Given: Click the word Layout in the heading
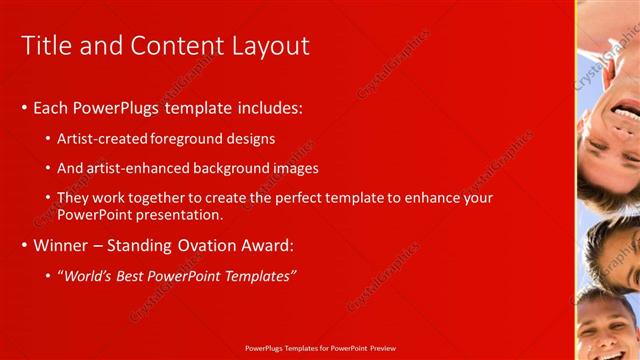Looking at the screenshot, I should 270,45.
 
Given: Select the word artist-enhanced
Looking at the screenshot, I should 134,168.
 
